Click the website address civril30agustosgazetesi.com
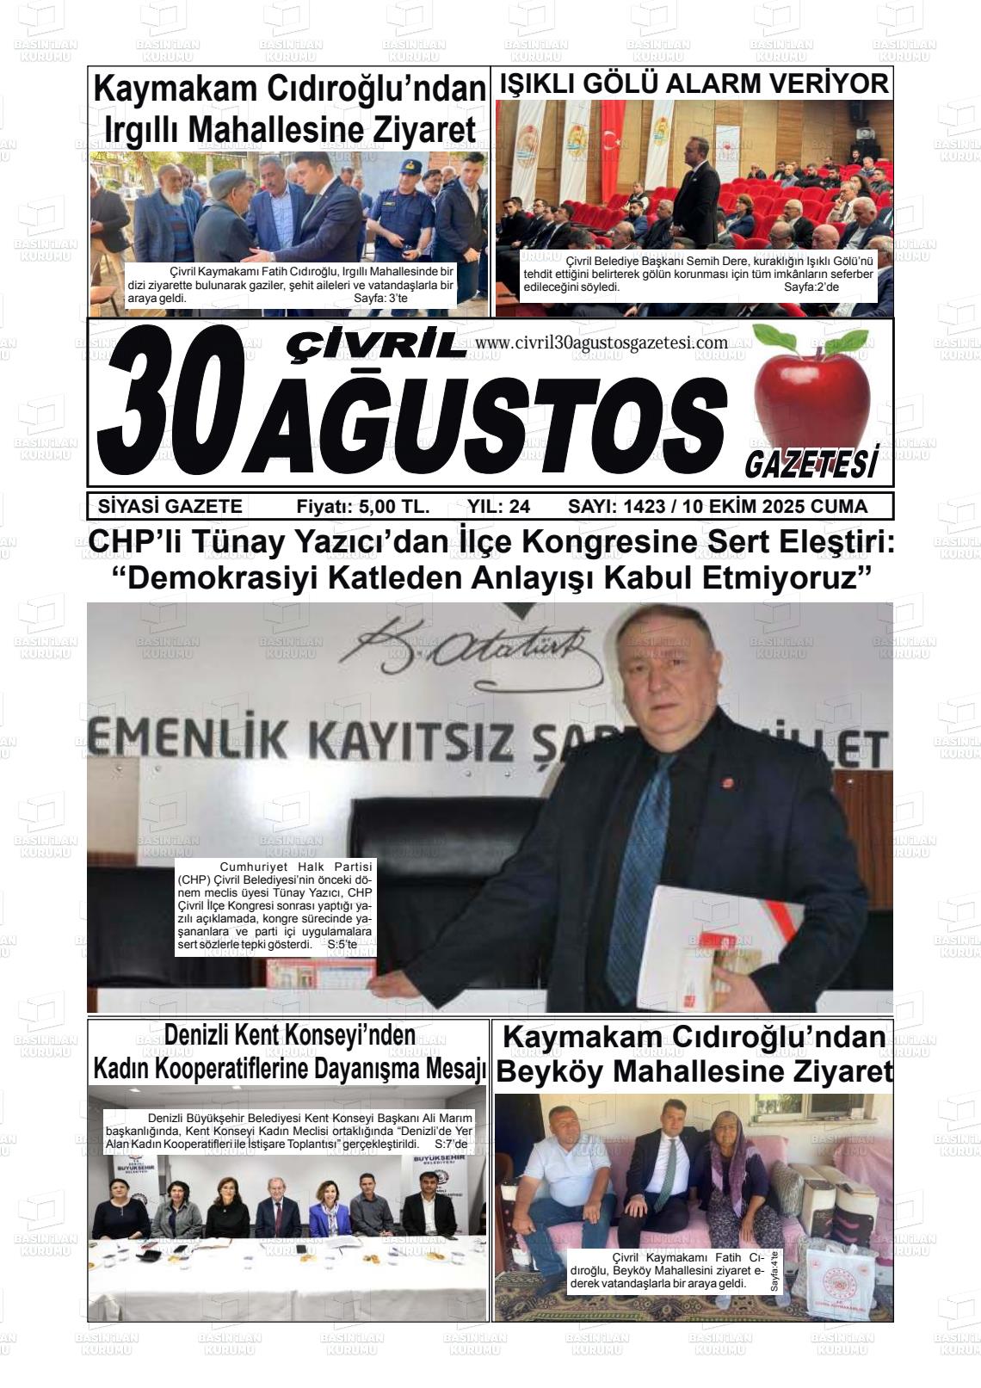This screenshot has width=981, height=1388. [x=601, y=342]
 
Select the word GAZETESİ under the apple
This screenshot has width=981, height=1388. [x=811, y=465]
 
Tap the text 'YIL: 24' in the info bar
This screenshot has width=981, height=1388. [x=498, y=506]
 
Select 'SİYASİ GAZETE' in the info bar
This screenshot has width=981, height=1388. [x=170, y=506]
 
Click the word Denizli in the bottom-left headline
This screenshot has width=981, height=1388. [x=203, y=1034]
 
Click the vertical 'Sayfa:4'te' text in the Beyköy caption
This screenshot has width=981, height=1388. [x=774, y=1274]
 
